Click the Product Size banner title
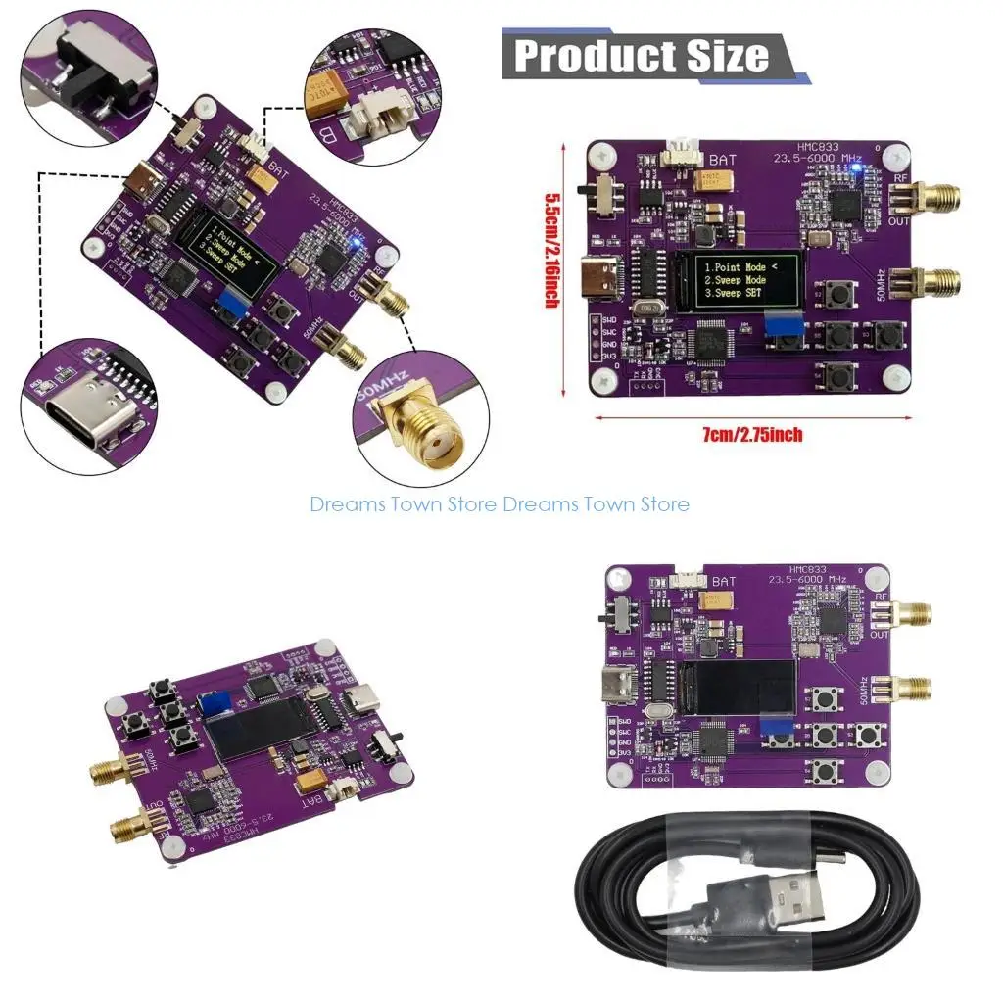642,55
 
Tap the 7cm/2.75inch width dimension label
752,434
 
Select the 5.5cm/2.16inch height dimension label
552,251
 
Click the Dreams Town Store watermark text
500,504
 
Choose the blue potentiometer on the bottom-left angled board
209,704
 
